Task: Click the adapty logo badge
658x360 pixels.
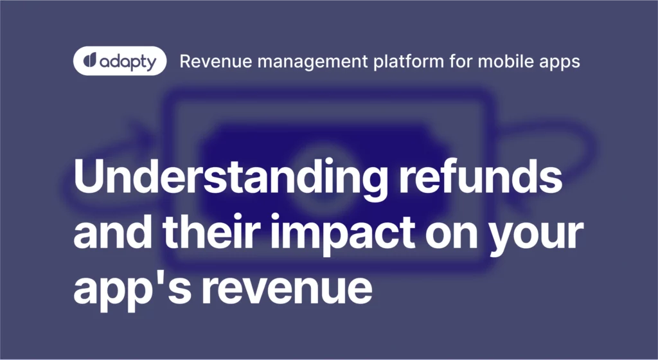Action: pyautogui.click(x=120, y=61)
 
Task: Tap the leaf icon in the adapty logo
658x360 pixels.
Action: pyautogui.click(x=90, y=61)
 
